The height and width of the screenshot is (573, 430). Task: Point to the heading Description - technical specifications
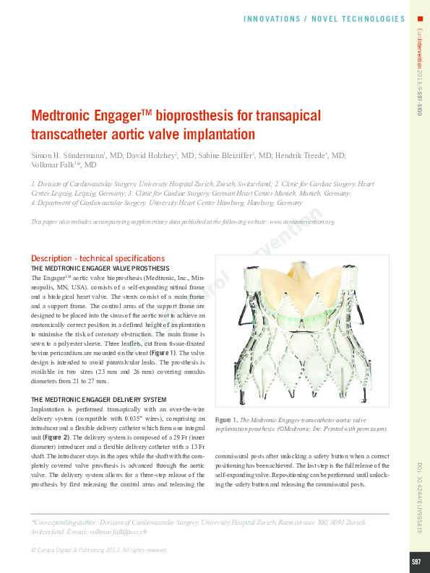pos(98,258)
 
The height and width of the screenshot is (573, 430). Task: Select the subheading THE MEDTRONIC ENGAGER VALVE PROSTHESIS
pos(100,268)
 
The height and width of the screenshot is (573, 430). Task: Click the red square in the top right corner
pos(420,18)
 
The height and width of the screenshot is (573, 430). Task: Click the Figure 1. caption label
pos(226,419)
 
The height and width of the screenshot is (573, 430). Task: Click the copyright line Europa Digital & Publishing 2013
pos(100,550)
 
